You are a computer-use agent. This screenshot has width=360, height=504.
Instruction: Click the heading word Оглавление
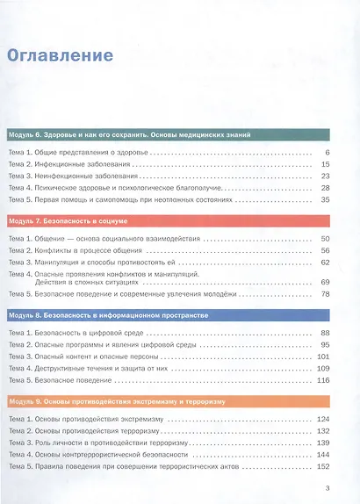tap(60, 55)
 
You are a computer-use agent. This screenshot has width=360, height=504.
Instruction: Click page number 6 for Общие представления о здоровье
tap(326, 153)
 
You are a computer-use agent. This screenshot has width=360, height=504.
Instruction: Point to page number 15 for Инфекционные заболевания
tap(324, 164)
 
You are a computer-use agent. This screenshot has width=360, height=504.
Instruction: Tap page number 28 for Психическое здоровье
tap(324, 188)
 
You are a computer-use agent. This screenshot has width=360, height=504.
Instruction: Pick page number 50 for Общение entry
tap(324, 239)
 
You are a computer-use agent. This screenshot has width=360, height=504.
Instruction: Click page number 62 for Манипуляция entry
tap(324, 262)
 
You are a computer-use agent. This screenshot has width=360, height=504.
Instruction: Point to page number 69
tap(324, 282)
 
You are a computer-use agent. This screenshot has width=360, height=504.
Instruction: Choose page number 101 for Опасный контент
tap(322, 356)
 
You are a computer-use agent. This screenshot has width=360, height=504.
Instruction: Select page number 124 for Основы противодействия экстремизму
tap(322, 419)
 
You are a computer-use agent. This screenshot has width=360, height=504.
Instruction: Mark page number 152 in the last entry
tap(322, 466)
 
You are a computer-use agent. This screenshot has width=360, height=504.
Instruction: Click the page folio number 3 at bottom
tap(327, 488)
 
